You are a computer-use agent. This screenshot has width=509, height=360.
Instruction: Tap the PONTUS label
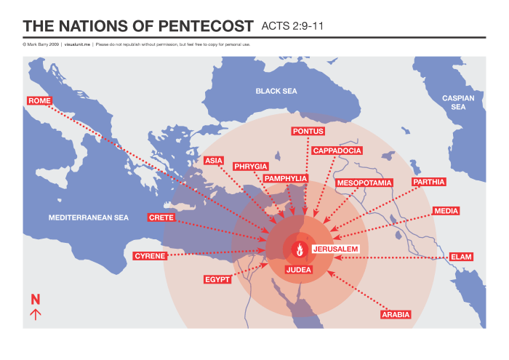(308, 132)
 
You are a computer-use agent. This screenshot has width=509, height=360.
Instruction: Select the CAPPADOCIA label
(337, 151)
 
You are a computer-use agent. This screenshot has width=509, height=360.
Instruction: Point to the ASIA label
(214, 160)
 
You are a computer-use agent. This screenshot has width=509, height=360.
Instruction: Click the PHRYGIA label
(251, 167)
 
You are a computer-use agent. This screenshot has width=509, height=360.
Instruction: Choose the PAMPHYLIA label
(286, 178)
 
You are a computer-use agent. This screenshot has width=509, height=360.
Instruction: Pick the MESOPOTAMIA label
(364, 183)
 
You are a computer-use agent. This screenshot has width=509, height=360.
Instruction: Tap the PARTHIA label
(428, 182)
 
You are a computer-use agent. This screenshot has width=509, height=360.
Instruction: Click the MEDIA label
(446, 212)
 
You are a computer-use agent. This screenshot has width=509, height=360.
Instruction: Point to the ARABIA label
(396, 315)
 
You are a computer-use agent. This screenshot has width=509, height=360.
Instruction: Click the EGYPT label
(217, 279)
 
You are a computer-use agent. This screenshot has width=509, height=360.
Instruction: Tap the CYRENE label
(150, 256)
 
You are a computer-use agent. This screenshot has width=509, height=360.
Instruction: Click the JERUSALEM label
(335, 249)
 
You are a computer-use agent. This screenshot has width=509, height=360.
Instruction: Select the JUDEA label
(299, 270)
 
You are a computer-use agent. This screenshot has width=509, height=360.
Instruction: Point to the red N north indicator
(35, 299)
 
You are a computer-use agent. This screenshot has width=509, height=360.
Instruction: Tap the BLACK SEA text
(276, 91)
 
